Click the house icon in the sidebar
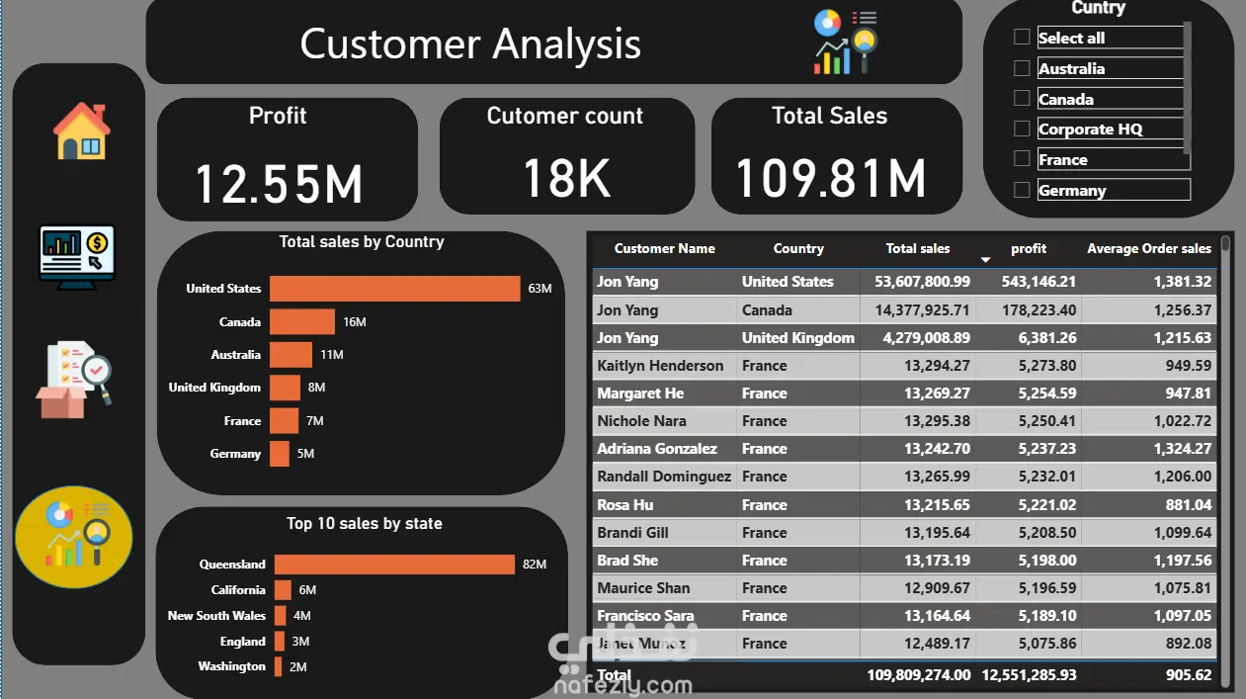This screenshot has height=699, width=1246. coord(81,131)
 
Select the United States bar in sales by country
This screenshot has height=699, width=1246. coord(394,289)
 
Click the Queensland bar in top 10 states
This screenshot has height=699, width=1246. coord(394,565)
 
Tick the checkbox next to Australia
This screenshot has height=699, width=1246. coord(1022,68)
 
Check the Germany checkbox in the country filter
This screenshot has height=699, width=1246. coord(1022,190)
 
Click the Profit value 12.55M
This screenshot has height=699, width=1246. coord(279,184)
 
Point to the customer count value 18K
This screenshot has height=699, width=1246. coord(566,179)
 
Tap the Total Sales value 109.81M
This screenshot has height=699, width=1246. coord(831,179)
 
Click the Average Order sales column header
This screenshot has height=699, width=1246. coord(1148,249)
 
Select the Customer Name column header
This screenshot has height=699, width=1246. coord(664,249)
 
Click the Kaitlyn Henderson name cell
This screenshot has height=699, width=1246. coord(660,366)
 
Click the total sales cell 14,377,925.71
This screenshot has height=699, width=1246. coord(922,310)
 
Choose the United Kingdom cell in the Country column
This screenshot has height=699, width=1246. coord(797,338)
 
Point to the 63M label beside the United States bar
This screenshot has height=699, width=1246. coord(540,289)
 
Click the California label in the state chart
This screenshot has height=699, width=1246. coord(238,590)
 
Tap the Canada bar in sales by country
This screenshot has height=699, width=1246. coord(302,322)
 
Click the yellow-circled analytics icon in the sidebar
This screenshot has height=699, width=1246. coord(74,537)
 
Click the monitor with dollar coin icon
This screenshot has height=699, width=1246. coord(77,254)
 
